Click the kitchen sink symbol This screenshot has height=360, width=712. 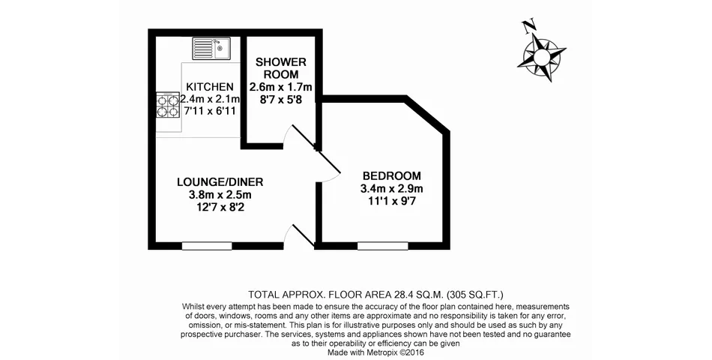click(211, 49)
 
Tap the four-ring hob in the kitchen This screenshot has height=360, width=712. click(168, 106)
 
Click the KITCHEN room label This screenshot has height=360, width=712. click(211, 87)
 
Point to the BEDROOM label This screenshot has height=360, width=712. click(392, 176)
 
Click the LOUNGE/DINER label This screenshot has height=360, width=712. click(220, 182)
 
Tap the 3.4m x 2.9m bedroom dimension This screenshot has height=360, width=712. click(392, 188)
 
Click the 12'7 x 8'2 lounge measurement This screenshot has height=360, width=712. click(220, 208)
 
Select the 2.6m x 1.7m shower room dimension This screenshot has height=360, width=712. click(281, 87)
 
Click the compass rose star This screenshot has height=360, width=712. click(542, 57)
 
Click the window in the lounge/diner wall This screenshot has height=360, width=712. click(207, 246)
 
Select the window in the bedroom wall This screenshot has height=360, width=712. click(382, 246)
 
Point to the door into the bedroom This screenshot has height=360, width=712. click(328, 164)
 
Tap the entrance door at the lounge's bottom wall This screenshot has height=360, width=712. click(300, 236)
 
